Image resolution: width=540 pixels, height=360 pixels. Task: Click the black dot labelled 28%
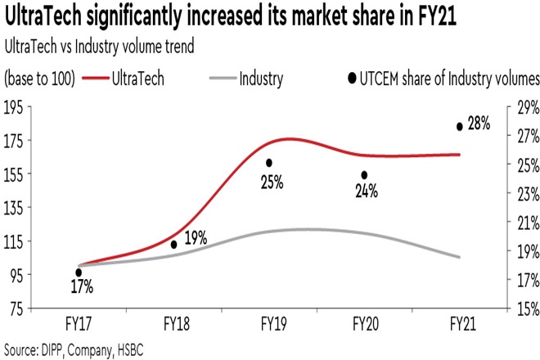tap(459, 126)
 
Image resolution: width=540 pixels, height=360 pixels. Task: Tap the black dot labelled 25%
tap(268, 163)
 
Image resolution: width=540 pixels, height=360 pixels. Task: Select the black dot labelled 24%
tap(364, 175)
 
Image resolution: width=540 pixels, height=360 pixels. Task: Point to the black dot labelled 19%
tap(173, 245)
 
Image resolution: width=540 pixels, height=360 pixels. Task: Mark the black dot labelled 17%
tap(79, 273)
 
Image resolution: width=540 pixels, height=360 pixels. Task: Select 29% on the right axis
tap(524, 106)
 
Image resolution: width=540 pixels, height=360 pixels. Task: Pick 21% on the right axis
tap(524, 222)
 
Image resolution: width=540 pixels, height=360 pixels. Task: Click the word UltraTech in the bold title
tap(48, 17)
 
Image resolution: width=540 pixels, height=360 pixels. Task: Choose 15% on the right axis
tap(524, 308)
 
